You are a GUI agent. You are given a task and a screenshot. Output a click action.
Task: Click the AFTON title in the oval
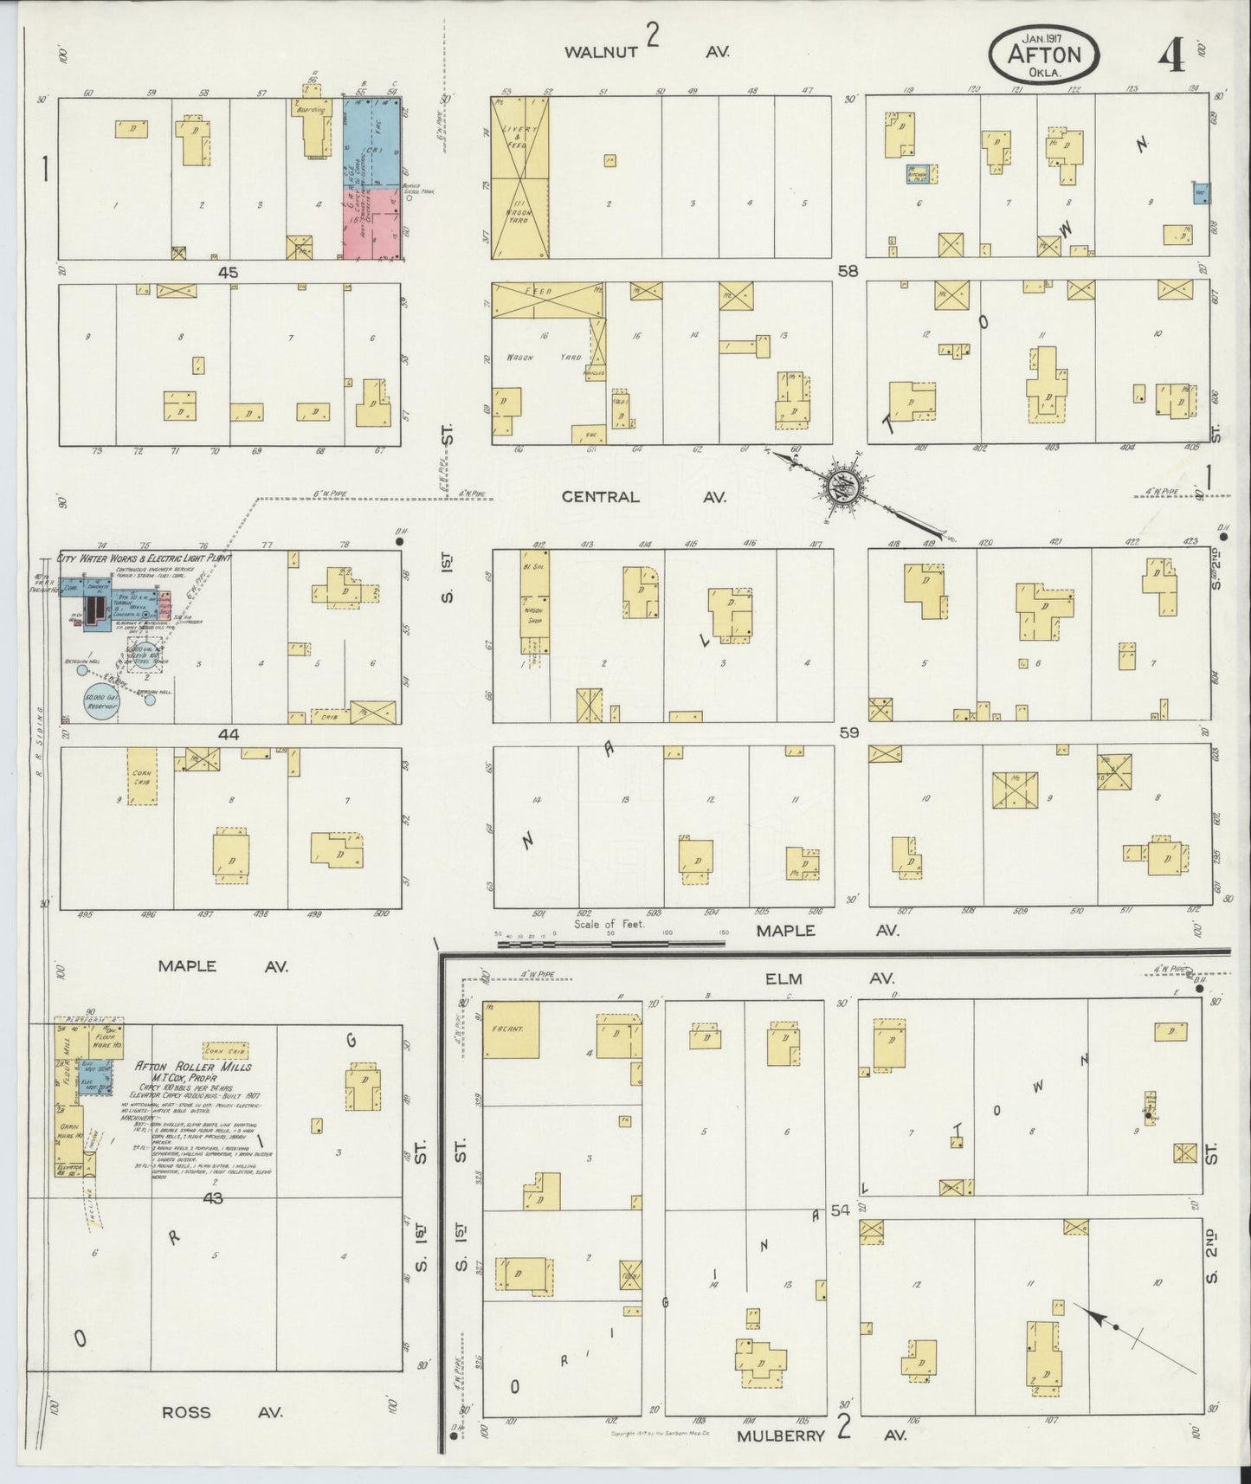(x=1045, y=54)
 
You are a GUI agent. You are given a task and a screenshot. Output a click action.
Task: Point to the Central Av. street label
(x=642, y=497)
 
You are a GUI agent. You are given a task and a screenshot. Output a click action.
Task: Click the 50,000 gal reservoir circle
(x=101, y=702)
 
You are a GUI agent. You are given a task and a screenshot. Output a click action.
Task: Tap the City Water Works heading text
(x=138, y=558)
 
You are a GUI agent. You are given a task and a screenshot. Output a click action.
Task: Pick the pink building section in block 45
(x=371, y=223)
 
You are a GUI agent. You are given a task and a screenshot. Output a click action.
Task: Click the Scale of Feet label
(x=609, y=924)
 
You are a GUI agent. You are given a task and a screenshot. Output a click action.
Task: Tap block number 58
(x=848, y=272)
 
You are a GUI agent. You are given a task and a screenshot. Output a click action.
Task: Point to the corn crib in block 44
(x=141, y=777)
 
